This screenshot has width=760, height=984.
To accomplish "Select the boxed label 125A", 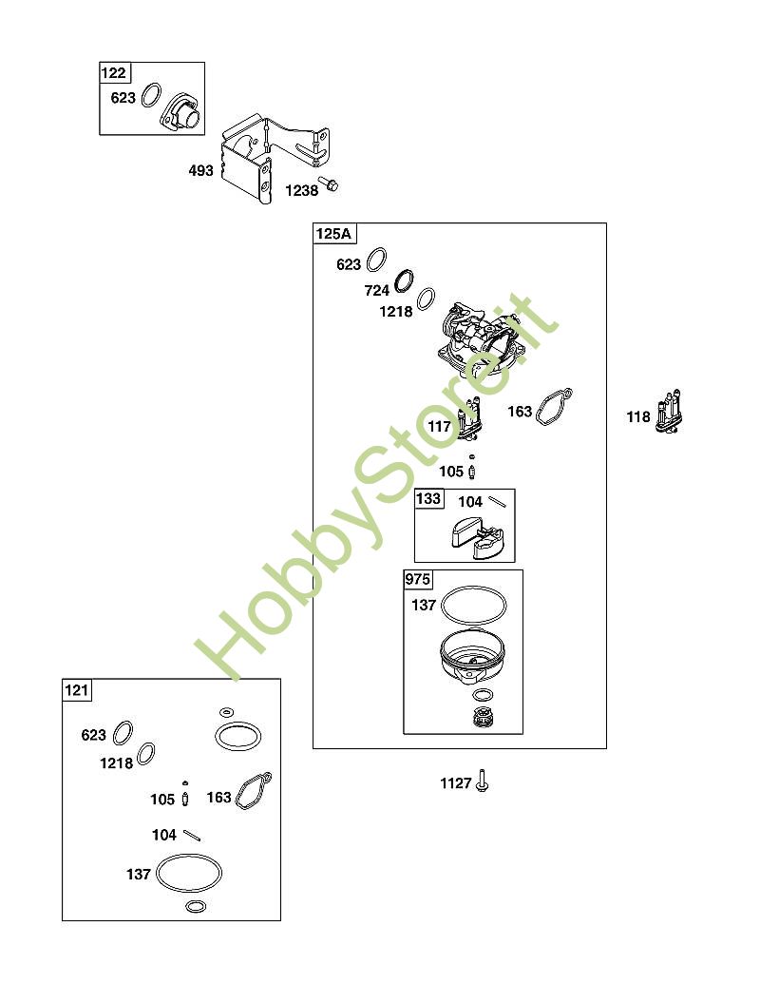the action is (333, 234).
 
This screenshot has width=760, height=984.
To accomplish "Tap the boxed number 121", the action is (77, 690).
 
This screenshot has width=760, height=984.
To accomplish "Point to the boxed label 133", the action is (428, 499).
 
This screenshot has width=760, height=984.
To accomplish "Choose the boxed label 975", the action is (417, 579).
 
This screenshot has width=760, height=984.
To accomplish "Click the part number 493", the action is (200, 172).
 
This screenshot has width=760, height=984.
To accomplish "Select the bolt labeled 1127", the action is (484, 781).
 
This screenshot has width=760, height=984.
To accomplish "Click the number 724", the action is (377, 291).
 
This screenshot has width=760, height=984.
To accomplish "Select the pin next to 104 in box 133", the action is (502, 499).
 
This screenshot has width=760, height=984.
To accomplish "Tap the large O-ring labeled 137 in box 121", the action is (190, 873).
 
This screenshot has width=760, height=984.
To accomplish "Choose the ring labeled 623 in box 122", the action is (150, 95).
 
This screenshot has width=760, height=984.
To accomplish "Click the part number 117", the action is (439, 428).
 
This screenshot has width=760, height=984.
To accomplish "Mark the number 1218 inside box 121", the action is (116, 762).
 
